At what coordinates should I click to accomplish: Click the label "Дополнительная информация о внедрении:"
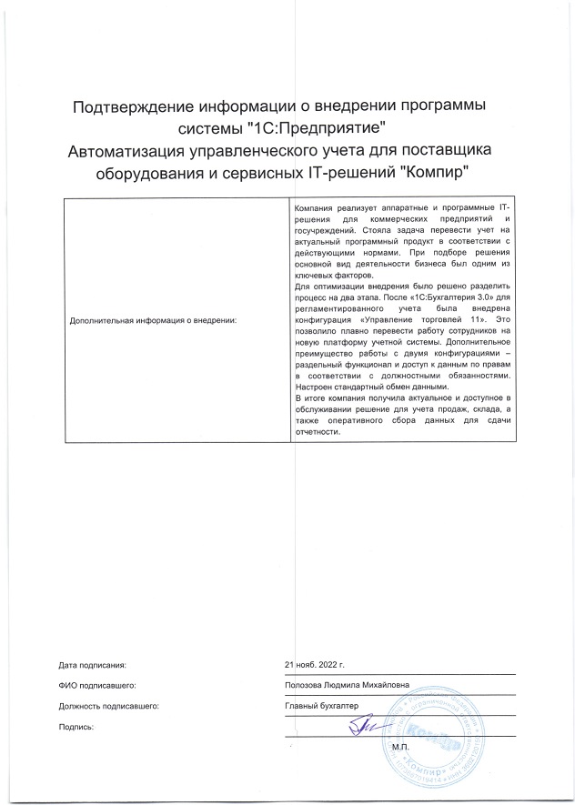[x=154, y=320]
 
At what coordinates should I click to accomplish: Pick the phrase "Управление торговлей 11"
[x=427, y=321]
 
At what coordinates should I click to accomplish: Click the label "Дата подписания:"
[x=91, y=665]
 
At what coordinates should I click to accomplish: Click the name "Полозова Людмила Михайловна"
[x=347, y=685]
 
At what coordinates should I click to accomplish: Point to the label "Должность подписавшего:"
[x=108, y=706]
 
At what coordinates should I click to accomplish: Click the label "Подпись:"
[x=76, y=727]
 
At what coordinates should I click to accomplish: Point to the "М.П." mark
[x=401, y=747]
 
